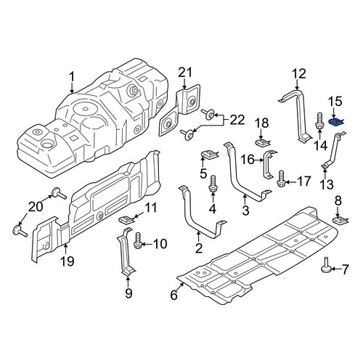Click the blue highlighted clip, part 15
pos(335,122)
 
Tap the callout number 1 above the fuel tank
pos(72,78)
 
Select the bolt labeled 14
pos(319,121)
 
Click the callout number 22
pos(237,121)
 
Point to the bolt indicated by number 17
pos(281,179)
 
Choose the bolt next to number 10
pos(137,240)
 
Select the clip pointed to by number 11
pos(126,219)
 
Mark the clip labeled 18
pos(263,142)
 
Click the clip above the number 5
pos(210,154)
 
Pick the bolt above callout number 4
pos(213,184)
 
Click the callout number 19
pos(68,261)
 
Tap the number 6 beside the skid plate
pos(174,295)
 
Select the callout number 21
pos(185,73)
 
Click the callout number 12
pos(299,74)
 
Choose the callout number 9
pos(129,293)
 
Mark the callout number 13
pos(327,184)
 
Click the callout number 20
pos(36,207)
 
